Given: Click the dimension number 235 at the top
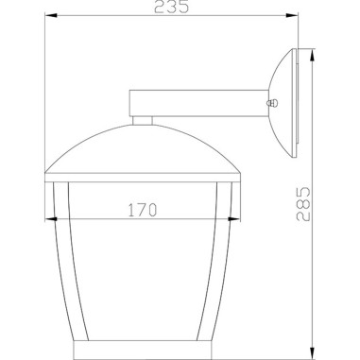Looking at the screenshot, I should coord(173,8).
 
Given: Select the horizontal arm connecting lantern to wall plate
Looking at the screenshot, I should coord(198,103).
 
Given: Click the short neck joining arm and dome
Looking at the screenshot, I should coord(142,120).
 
